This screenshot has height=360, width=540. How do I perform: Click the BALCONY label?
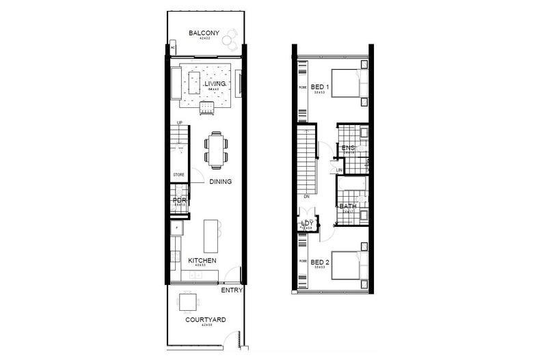point(204,33)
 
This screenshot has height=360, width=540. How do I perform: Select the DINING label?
point(221,182)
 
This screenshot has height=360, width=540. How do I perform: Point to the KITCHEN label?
point(203,261)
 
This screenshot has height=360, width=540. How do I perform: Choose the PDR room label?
point(180,200)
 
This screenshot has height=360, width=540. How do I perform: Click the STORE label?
point(178,175)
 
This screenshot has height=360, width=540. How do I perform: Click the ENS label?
point(349,148)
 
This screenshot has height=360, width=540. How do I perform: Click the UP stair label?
point(179,124)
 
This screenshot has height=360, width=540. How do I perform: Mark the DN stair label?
point(306,199)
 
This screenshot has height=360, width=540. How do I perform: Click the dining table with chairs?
point(216,149)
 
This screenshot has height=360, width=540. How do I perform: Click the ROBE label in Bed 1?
point(302,87)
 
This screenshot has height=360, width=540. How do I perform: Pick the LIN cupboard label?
point(339,170)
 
